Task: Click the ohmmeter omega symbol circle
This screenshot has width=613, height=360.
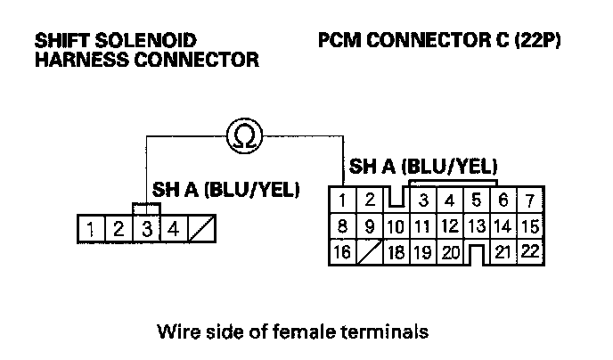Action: pyautogui.click(x=240, y=135)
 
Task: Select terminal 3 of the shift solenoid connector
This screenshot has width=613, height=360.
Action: pyautogui.click(x=146, y=229)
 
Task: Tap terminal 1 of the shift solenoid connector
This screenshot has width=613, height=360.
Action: pyautogui.click(x=91, y=229)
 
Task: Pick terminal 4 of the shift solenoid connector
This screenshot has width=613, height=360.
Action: pyautogui.click(x=174, y=229)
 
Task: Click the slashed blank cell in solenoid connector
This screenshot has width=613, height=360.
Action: pyautogui.click(x=202, y=229)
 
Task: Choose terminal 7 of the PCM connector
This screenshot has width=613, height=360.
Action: pyautogui.click(x=529, y=200)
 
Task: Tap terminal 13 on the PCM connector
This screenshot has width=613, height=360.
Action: pyautogui.click(x=477, y=226)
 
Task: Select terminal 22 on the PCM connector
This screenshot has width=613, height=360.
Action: pyautogui.click(x=529, y=252)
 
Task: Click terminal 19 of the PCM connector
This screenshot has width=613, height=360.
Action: pyautogui.click(x=423, y=252)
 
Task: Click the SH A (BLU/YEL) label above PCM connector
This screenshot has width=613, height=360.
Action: pyautogui.click(x=423, y=167)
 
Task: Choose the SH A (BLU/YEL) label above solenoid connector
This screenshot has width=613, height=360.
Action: pyautogui.click(x=226, y=190)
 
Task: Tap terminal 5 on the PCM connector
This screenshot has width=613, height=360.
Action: pyautogui.click(x=477, y=200)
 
